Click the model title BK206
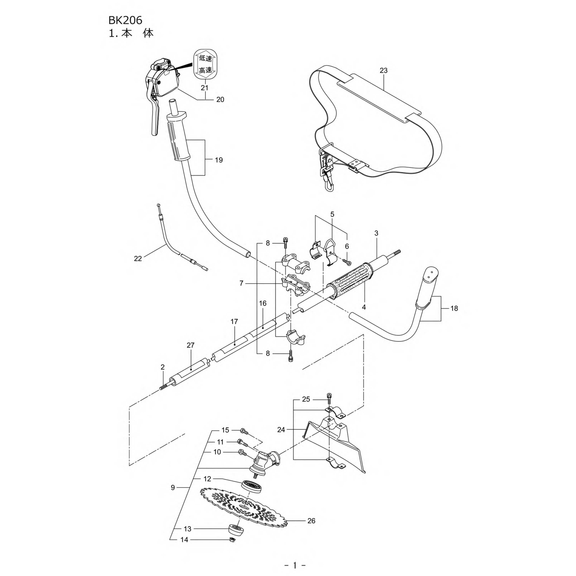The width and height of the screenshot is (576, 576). (125, 20)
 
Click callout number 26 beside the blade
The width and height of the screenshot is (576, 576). (311, 521)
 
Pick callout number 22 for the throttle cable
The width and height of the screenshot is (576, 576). (138, 258)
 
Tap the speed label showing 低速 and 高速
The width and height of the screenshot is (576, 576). (206, 64)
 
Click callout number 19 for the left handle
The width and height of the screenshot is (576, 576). (219, 160)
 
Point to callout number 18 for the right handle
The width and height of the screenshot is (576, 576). (454, 308)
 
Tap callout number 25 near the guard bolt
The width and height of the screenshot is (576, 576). (306, 399)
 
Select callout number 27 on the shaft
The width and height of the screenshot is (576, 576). (190, 345)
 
